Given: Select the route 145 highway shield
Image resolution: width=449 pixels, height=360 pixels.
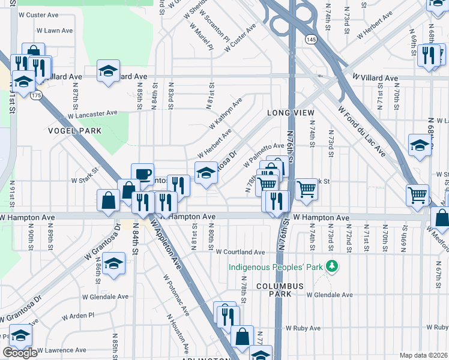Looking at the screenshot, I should pos(310,39).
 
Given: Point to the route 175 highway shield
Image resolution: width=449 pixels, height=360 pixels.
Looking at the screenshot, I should pos(37,95).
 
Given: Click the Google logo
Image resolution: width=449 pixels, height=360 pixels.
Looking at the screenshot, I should pos(20,353).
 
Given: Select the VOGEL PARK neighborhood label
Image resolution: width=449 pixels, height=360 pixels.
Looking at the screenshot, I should pos(74,130).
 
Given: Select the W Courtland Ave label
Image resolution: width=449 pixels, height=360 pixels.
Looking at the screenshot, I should pos(240,253).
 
